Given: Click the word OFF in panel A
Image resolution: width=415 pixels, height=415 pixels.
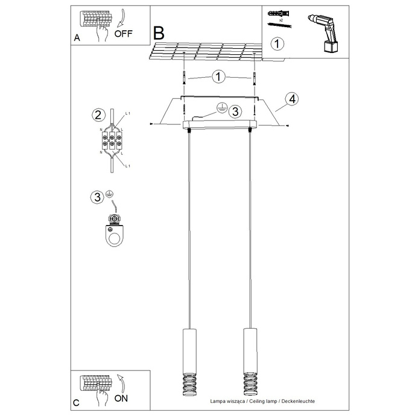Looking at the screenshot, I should pos(122,34).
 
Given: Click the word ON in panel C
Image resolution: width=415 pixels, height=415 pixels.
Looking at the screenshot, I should pos(121,398).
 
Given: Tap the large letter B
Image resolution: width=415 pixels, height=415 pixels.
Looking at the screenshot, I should pos(159,32).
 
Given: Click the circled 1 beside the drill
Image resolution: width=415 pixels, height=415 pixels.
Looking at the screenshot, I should pos(277,44).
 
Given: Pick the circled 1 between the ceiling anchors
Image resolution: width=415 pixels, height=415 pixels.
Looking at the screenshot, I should pos(218,77).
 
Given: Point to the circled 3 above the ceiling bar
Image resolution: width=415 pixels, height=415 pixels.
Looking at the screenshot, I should pos(235,111).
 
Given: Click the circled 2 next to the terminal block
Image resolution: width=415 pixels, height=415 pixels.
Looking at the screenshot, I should pos(96,115).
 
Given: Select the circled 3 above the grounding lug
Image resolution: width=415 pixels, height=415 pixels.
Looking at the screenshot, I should pos(96,197).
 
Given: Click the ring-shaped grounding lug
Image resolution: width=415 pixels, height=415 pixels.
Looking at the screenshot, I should pos(113,234).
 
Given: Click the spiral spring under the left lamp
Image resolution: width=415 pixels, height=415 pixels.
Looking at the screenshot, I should pos(188,381).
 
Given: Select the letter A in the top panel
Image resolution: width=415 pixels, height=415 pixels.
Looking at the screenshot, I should pos(77,38).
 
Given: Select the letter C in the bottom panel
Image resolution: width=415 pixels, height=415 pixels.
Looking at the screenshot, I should pos(77,402).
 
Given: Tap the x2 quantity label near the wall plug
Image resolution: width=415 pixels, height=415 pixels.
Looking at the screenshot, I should pos(280,19).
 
